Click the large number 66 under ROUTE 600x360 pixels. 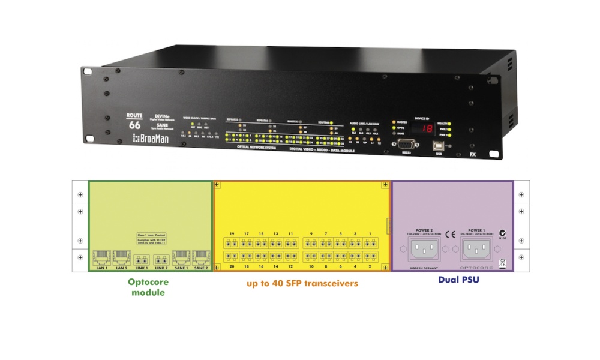(135, 125)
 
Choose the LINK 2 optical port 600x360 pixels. (161, 260)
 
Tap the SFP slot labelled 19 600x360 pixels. (231, 243)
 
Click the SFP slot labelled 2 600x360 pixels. (370, 257)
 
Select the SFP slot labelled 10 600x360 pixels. (311, 257)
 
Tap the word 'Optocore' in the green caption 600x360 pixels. (148, 281)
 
